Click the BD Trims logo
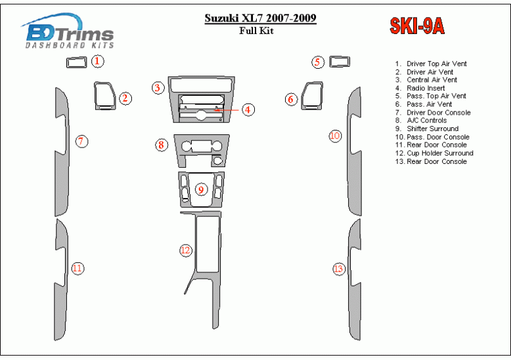click(x=68, y=32)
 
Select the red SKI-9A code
click(x=417, y=26)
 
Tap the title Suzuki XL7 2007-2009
click(x=261, y=18)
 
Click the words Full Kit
click(x=257, y=31)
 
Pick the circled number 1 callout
click(x=97, y=61)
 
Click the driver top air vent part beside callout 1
click(x=76, y=62)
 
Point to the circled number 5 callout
click(x=318, y=62)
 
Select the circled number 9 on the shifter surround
click(x=201, y=189)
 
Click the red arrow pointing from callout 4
click(x=226, y=110)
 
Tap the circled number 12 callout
click(x=185, y=250)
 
